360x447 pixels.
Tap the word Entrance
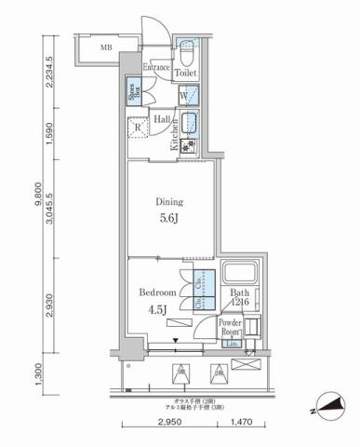coord(157,67)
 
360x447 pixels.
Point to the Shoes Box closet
coord(133,91)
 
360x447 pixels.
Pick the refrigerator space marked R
coord(137,129)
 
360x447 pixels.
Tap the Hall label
coord(161,119)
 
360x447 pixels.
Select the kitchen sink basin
coord(193,123)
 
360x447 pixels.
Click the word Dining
coord(169,201)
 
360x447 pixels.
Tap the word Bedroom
coord(158,291)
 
